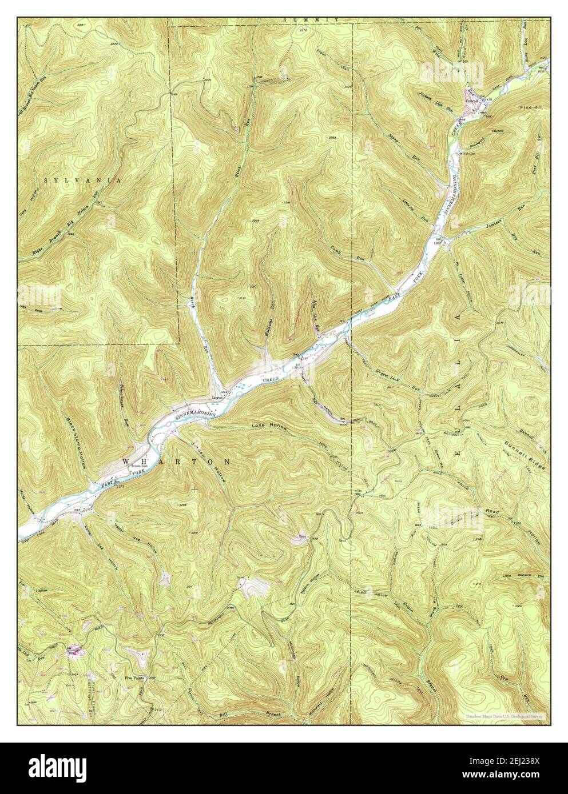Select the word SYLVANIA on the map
click(83, 180)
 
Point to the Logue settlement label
click(216, 398)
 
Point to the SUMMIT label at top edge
click(314, 20)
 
